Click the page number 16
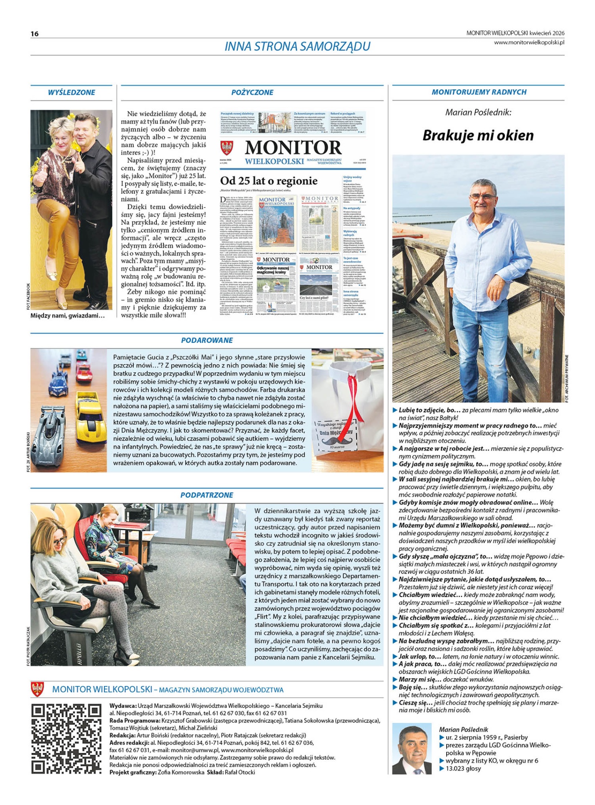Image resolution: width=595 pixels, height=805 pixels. [x=34, y=34]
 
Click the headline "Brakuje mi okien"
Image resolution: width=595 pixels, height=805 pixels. [x=478, y=135]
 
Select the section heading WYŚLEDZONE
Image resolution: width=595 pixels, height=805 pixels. [x=71, y=92]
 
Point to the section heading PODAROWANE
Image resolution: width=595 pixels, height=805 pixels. [x=207, y=340]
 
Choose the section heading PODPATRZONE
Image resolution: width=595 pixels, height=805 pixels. [x=207, y=495]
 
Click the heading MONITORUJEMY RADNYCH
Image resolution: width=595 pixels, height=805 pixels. [x=479, y=92]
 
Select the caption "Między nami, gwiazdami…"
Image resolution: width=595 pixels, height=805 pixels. [x=67, y=315]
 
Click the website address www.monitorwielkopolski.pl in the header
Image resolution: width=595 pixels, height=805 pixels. [x=529, y=42]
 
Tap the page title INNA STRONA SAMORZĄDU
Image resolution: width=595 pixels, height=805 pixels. [x=297, y=46]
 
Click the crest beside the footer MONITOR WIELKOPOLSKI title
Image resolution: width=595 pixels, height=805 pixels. [x=38, y=689]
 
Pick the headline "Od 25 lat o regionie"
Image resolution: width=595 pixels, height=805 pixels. [x=269, y=181]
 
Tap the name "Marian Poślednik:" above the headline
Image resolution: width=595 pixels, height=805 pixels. [x=478, y=112]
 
